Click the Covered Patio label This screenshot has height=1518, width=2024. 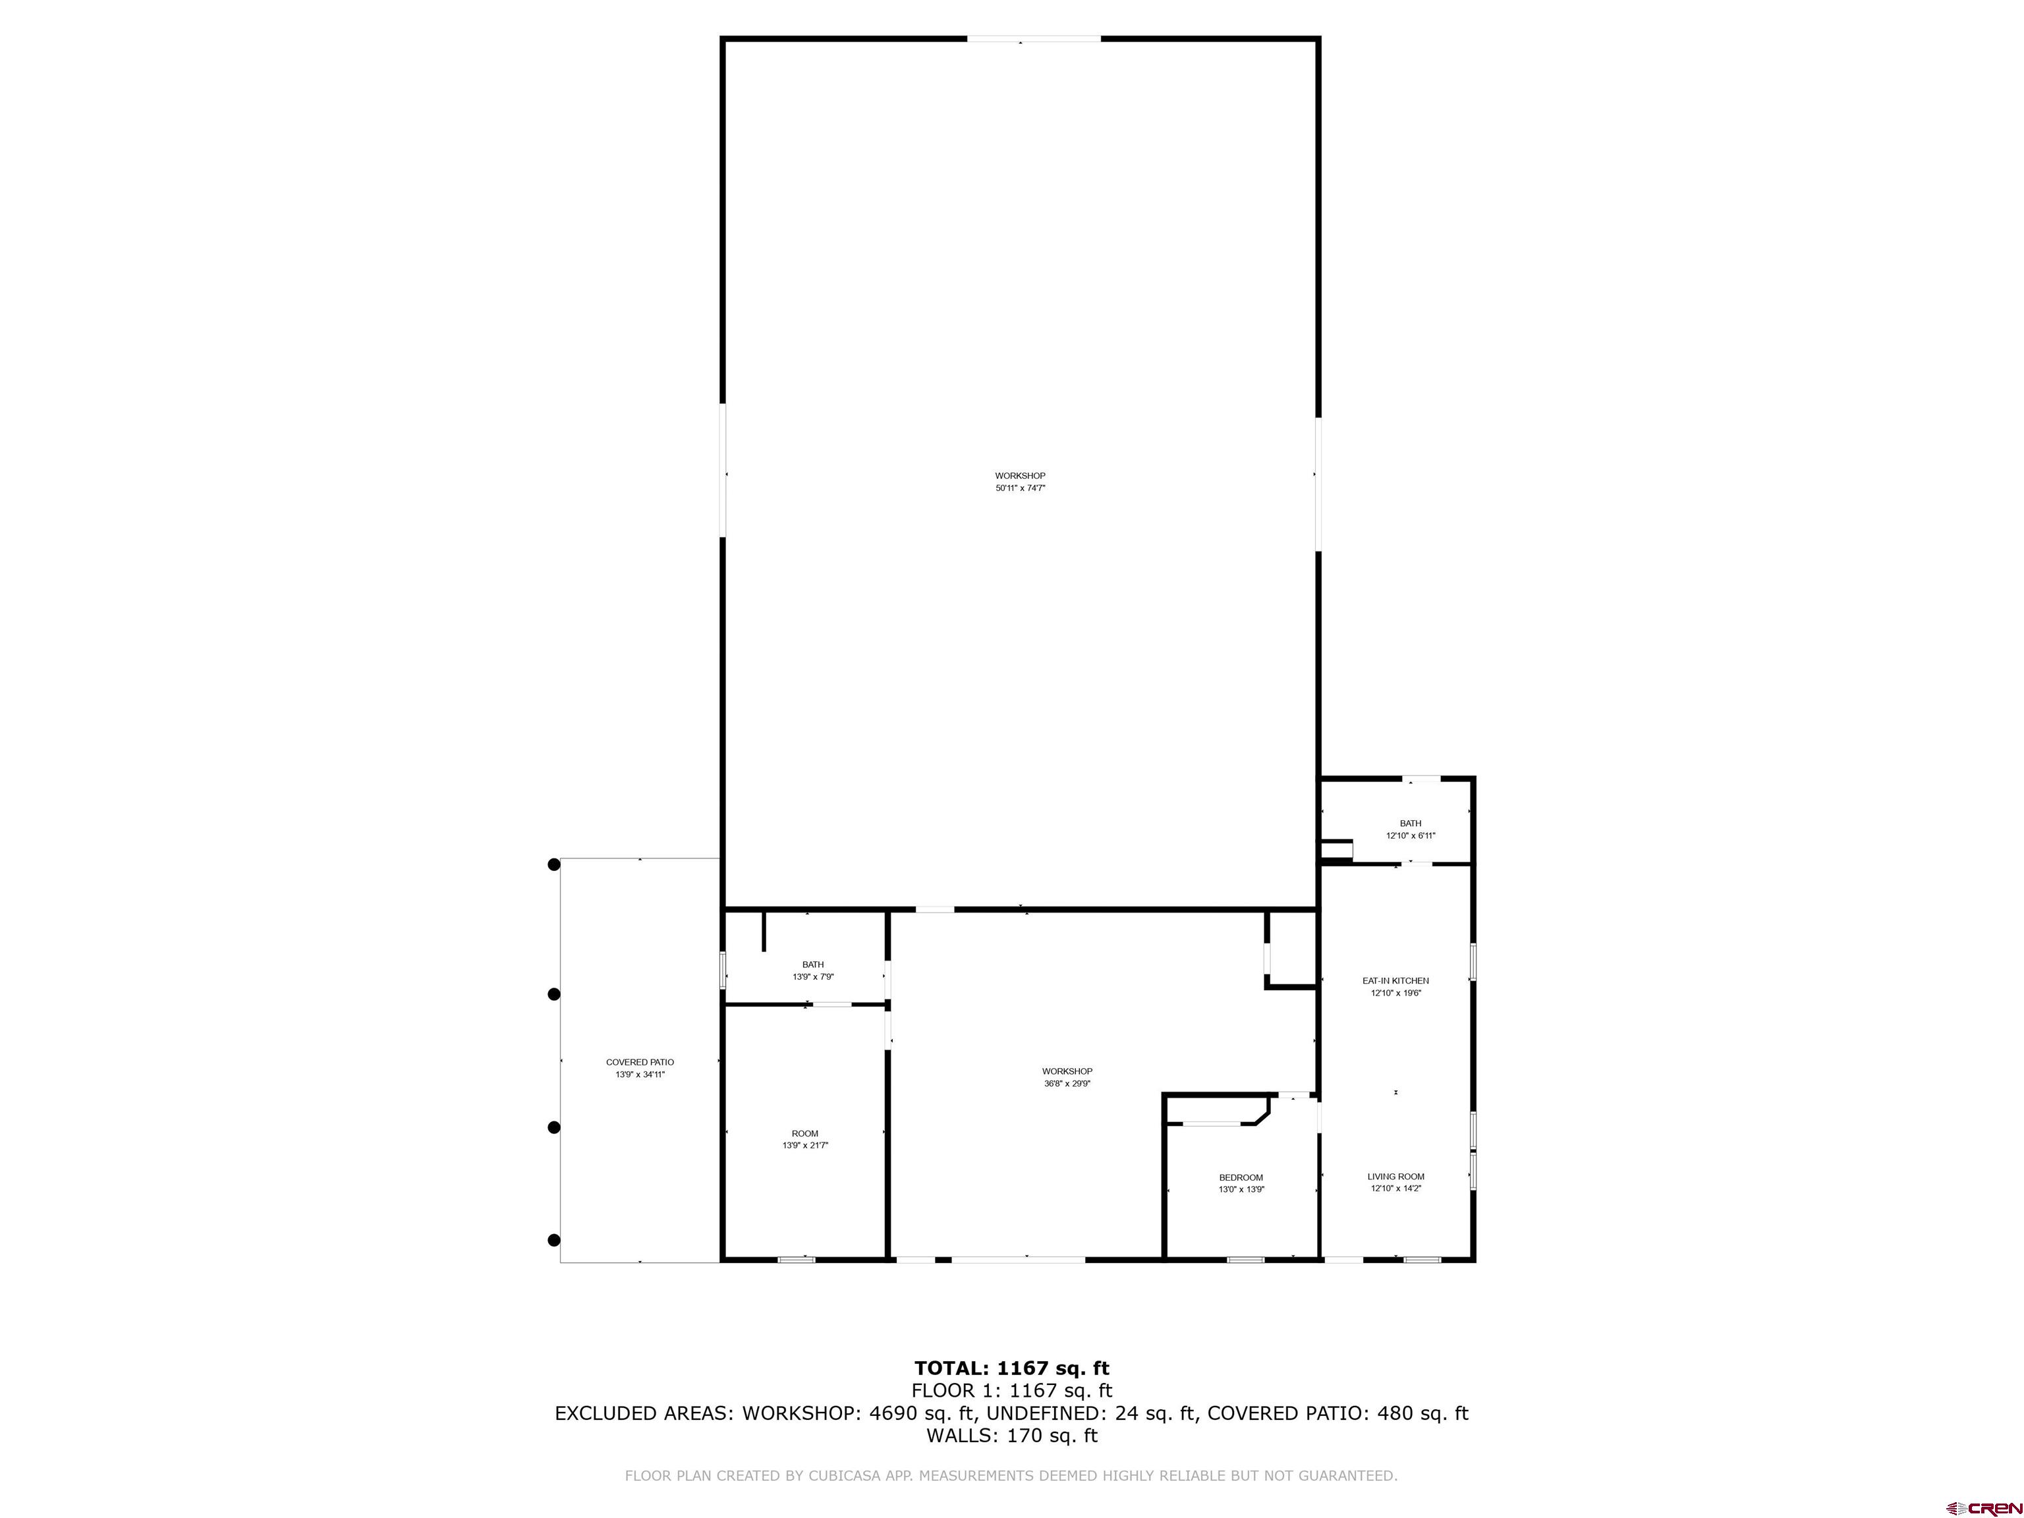click(640, 1062)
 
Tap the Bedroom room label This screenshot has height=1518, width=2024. click(1241, 1177)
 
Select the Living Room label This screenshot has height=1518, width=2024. click(1395, 1177)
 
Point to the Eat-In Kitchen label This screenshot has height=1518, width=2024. click(1395, 981)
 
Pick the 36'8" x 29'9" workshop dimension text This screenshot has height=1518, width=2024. click(1067, 1083)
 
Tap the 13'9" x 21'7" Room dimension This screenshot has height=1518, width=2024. click(805, 1146)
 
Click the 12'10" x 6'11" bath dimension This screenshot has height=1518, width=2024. click(1410, 835)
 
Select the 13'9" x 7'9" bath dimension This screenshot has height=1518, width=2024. click(812, 977)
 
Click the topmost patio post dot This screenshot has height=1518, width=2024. click(553, 864)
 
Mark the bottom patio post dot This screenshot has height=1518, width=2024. click(553, 1241)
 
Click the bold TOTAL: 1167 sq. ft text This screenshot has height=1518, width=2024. click(1011, 1369)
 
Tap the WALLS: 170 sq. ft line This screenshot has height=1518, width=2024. click(1011, 1436)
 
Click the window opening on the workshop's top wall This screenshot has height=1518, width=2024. click(1034, 38)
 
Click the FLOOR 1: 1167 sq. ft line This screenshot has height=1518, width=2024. click(1011, 1391)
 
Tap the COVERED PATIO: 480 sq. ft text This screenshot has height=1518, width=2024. click(1337, 1414)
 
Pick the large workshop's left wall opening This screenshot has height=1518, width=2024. click(723, 471)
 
